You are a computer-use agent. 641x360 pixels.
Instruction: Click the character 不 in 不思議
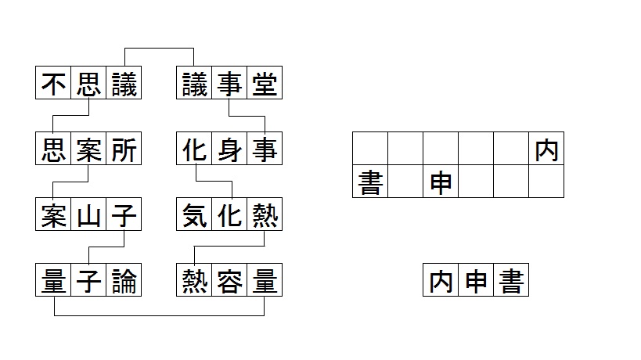(53, 84)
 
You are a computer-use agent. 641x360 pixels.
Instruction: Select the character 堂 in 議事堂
(265, 84)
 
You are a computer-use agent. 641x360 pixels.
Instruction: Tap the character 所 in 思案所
(124, 149)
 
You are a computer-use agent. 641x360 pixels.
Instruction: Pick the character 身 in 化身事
(229, 149)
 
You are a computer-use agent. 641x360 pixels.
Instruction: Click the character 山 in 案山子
(88, 214)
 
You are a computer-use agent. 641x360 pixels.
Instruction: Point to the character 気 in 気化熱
(194, 214)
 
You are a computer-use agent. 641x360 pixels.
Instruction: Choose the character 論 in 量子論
(124, 280)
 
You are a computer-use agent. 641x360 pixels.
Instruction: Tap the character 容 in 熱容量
(229, 280)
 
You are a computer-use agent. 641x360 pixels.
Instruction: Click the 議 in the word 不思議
(124, 84)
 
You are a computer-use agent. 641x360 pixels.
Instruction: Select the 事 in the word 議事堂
(229, 84)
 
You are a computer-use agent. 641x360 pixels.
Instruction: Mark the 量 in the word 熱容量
(265, 280)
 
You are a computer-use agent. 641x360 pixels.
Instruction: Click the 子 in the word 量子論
(88, 280)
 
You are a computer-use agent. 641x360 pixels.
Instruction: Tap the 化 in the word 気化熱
(229, 214)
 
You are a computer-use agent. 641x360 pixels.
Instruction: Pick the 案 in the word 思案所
(88, 149)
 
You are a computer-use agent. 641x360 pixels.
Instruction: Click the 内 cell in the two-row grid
(546, 149)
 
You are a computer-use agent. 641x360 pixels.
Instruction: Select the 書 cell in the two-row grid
(370, 182)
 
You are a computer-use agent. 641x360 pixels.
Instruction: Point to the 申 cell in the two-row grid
(441, 182)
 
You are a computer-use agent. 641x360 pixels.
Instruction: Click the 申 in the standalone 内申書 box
(476, 280)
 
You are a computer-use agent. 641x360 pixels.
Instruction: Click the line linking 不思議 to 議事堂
(159, 49)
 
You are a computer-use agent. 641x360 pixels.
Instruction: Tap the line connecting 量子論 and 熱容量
(159, 315)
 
